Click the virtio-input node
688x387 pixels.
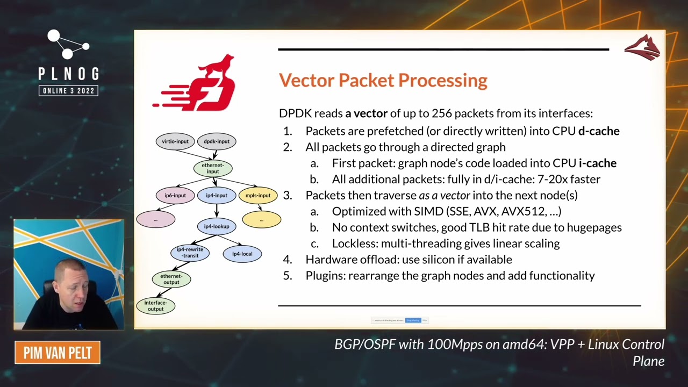click(175, 141)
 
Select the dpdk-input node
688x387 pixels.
click(217, 141)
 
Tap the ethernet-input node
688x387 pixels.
click(213, 168)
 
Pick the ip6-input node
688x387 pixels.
click(175, 195)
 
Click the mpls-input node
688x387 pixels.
click(258, 195)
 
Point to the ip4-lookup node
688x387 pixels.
click(217, 226)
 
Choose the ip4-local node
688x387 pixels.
click(242, 254)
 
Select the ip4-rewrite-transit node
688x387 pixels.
click(190, 253)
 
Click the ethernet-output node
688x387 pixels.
click(171, 279)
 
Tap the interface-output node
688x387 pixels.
click(156, 306)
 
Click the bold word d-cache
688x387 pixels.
click(599, 131)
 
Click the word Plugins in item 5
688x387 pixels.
click(325, 276)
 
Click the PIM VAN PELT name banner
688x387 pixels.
click(58, 353)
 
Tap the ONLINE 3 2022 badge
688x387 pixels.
click(68, 90)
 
